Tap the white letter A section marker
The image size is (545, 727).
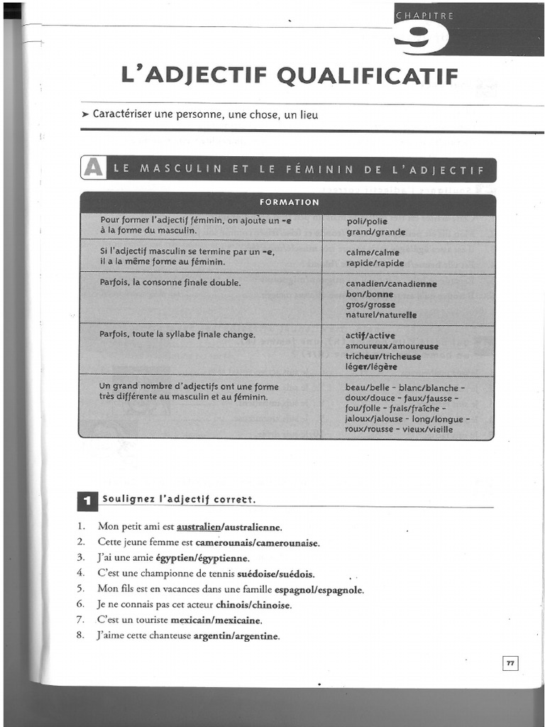[92, 168]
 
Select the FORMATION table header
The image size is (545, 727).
[288, 202]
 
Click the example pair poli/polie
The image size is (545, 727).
[367, 221]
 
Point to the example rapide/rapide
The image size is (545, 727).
[375, 263]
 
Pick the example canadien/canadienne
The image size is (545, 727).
[391, 283]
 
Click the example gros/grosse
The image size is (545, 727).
[370, 304]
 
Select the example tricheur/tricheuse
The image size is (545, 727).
[383, 356]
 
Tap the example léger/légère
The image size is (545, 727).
[371, 367]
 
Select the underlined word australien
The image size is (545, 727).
[199, 527]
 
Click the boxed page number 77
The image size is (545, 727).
[510, 662]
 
